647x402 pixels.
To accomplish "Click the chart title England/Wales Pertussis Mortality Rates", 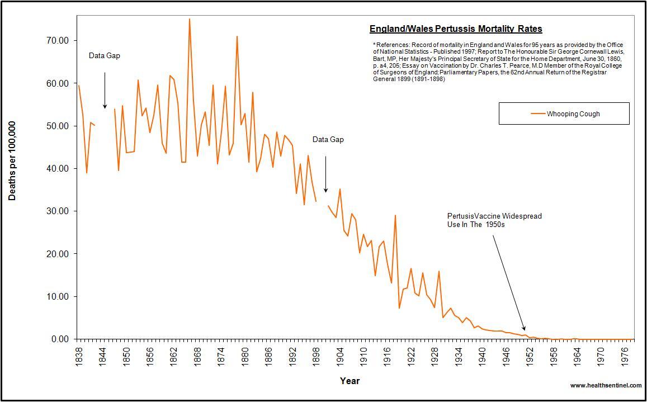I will tap(456, 29).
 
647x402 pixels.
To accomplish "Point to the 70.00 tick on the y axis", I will tap(58, 40).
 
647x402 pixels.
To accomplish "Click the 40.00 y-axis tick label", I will tap(58, 168).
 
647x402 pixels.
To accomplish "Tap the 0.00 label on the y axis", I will tap(60, 339).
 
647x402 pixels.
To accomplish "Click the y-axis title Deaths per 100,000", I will tap(12, 160).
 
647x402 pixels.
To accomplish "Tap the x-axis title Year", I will tap(350, 381).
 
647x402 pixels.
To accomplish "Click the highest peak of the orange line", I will tap(189, 19).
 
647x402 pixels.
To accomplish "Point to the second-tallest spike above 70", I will tap(237, 37).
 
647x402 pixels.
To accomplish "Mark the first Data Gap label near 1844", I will tap(105, 56).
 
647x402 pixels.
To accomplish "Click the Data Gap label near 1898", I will tap(328, 140).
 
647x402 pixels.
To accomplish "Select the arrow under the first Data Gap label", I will tap(105, 89).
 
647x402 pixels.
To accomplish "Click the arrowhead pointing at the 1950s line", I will tap(523, 328).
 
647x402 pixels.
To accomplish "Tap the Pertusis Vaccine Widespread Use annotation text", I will tap(494, 220).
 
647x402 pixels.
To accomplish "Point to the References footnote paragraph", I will tap(498, 62).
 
